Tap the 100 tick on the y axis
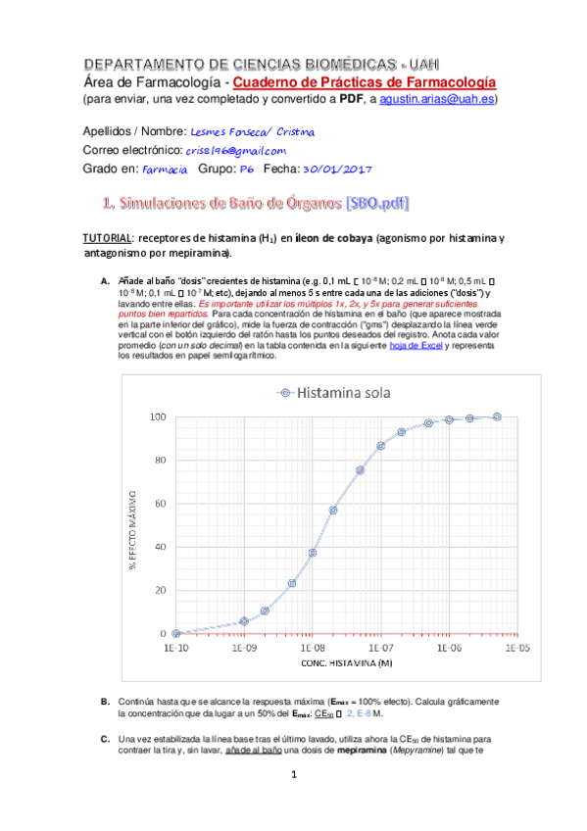pos(155,416)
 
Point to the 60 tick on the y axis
pos(157,504)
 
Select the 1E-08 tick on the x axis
pos(312,648)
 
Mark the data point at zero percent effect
pos(176,634)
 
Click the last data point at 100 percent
pos(498,416)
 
